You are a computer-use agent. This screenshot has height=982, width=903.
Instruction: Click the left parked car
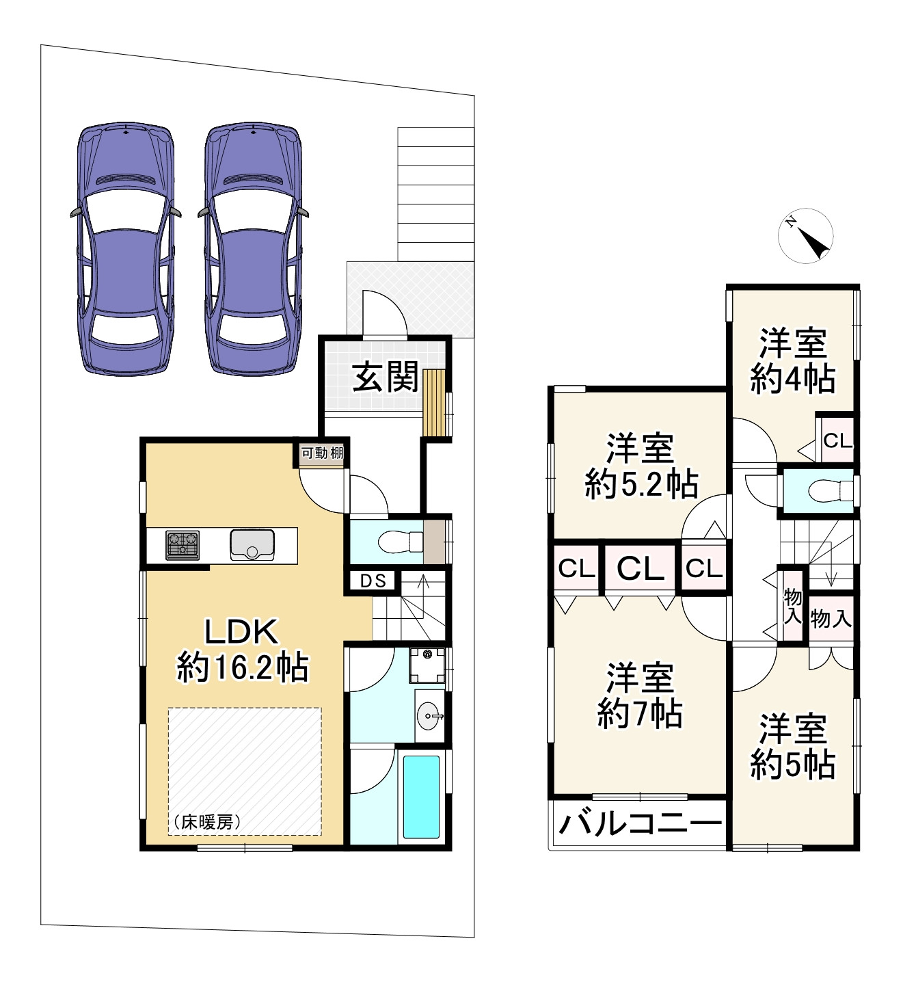(125, 249)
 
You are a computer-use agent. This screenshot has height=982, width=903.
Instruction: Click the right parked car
(253, 249)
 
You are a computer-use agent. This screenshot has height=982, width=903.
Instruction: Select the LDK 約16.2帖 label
(243, 650)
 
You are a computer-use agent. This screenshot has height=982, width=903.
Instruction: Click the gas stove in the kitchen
(183, 545)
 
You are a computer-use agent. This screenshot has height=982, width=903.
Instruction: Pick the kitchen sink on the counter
(252, 545)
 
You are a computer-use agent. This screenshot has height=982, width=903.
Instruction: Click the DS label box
(373, 581)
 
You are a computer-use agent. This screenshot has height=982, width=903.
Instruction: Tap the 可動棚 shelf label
(322, 453)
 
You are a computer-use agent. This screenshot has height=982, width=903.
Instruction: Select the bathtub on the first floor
(420, 797)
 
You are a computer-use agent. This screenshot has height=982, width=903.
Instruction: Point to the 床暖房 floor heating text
(206, 822)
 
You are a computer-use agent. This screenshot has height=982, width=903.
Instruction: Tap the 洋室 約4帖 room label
(793, 360)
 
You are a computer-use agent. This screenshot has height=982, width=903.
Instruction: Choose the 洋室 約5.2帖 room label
(641, 466)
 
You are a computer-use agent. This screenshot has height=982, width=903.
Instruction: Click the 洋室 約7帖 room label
(640, 695)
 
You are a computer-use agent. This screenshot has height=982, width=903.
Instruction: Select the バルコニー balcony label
(640, 823)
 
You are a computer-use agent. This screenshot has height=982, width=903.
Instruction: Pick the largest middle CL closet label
(641, 568)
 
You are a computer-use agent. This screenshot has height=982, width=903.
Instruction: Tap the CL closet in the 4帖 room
(837, 441)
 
